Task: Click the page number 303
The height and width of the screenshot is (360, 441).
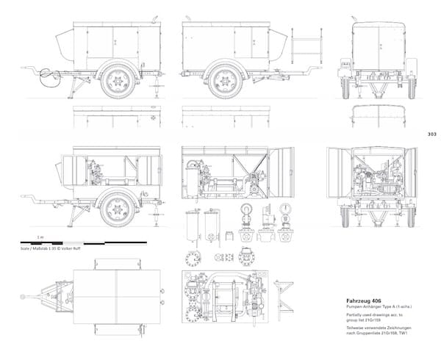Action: pyautogui.click(x=431, y=134)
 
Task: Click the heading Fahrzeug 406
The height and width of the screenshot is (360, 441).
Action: pyautogui.click(x=365, y=300)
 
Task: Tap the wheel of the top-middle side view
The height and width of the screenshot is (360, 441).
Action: pyautogui.click(x=224, y=80)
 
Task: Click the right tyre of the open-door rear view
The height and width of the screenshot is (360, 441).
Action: pyautogui.click(x=411, y=215)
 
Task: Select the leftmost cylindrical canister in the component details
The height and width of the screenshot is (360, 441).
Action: pyautogui.click(x=193, y=225)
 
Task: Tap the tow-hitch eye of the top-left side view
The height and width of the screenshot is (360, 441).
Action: pyautogui.click(x=47, y=73)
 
